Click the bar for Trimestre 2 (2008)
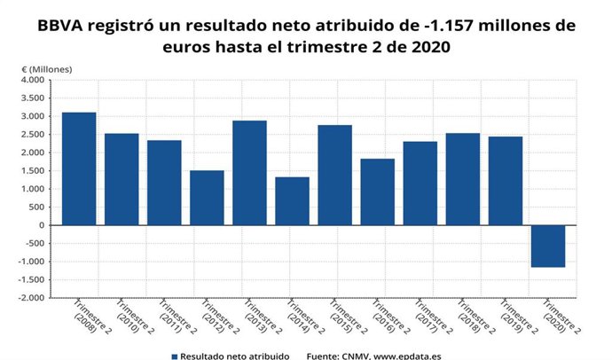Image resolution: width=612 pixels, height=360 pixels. click(79, 168)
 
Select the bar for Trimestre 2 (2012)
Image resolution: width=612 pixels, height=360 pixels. click(207, 198)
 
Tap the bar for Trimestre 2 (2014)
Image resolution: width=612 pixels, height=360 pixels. click(292, 201)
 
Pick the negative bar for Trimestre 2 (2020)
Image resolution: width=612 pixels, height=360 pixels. click(547, 246)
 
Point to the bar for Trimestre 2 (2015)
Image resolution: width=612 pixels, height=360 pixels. click(334, 175)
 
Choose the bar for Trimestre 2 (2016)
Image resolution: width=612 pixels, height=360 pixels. click(377, 192)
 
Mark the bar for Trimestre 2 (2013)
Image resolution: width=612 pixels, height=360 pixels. click(249, 173)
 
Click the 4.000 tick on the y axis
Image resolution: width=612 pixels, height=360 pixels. click(31, 80)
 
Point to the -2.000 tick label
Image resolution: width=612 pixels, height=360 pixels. click(29, 298)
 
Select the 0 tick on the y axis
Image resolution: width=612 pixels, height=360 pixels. click(40, 225)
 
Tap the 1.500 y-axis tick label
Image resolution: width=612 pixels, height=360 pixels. click(31, 171)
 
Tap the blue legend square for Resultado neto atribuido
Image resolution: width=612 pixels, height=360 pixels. click(175, 356)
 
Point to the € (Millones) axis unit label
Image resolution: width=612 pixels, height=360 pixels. click(46, 68)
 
